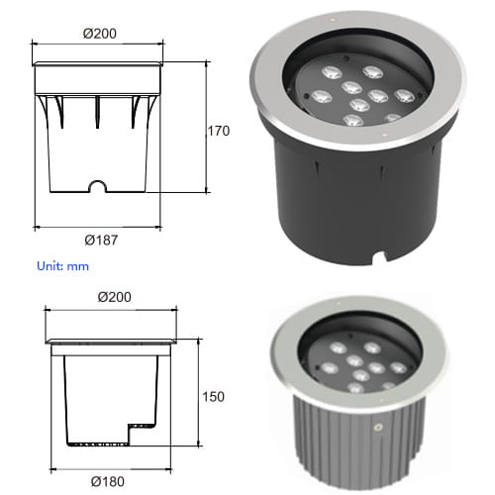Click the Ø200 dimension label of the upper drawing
coord(100,34)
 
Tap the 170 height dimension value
coord(219,131)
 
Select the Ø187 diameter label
coord(101,241)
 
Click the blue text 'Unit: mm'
coord(62,266)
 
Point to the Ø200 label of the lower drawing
coord(114,297)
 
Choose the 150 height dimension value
coord(213,397)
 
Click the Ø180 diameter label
coord(108,482)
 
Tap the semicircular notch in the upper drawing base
coord(98,185)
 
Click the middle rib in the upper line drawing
coord(97,112)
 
